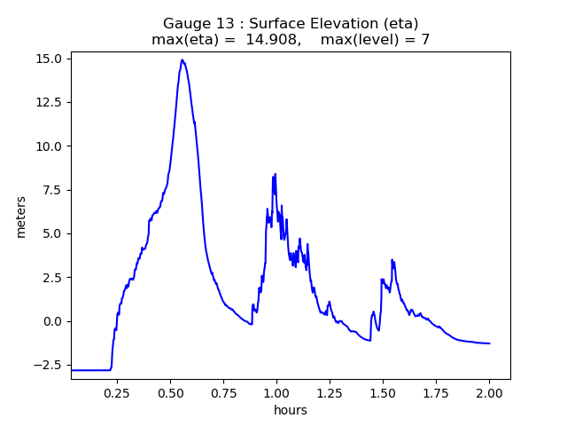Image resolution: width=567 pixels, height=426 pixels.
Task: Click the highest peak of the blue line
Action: (x=182, y=60)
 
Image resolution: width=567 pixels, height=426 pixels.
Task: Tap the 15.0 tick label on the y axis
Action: (x=49, y=59)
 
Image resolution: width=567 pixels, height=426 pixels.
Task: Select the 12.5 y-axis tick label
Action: (x=49, y=102)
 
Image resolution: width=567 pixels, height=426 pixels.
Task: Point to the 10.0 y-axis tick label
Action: (x=49, y=146)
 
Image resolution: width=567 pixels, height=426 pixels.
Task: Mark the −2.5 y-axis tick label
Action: (x=48, y=365)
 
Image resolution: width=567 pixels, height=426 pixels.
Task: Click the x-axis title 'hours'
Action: (x=291, y=410)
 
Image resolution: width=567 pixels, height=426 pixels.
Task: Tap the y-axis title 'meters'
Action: (x=20, y=217)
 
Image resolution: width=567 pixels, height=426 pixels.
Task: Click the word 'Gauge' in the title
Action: (x=185, y=23)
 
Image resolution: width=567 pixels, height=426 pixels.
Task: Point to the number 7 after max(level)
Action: (x=425, y=40)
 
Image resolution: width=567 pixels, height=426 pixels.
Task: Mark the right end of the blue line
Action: (x=489, y=343)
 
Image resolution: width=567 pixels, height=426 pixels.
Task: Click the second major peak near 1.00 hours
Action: (x=276, y=174)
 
